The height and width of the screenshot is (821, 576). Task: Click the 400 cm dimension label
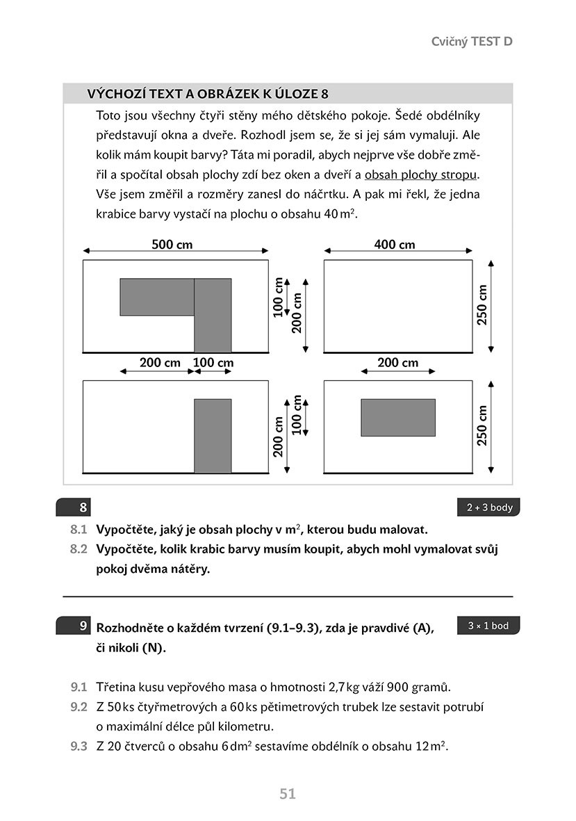394,244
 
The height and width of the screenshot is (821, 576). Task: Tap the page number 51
288,793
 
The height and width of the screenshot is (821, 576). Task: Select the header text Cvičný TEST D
472,41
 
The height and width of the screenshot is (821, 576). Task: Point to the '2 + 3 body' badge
488,507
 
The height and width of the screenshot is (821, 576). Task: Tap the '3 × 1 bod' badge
488,626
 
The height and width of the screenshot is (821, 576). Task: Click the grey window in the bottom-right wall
397,417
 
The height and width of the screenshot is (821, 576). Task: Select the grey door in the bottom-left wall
212,436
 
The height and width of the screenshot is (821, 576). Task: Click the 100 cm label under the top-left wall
213,362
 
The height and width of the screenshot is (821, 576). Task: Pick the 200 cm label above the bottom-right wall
397,362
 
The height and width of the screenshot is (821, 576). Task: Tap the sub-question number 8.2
79,548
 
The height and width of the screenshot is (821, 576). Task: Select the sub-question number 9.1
79,688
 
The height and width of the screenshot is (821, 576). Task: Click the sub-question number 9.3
79,747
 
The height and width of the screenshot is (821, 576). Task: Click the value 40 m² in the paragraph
340,214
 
